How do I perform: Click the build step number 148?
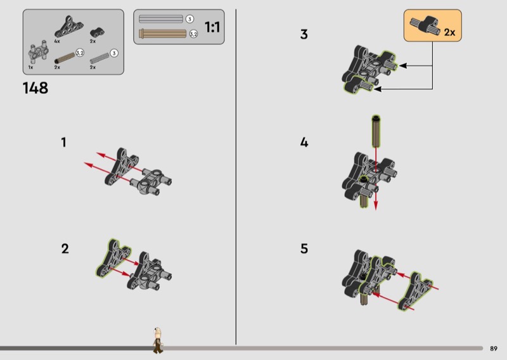coord(35,88)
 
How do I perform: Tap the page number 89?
coord(494,349)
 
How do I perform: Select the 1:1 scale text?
coord(212,27)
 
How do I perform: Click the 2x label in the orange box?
coord(449,32)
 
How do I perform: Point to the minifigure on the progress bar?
coord(158,340)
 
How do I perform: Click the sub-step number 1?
coord(64,143)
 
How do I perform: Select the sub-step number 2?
coord(65,248)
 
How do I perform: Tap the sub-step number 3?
coord(304,34)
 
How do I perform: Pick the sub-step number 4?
coord(304,143)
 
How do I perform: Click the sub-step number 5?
coord(304,248)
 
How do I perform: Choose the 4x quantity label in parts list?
coord(57,41)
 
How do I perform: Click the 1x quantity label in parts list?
coord(30,67)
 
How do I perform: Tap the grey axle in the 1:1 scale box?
coord(161,19)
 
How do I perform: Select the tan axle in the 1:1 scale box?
coord(163,34)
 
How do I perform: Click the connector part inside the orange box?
coord(425,25)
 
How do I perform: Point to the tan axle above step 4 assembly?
coord(376,131)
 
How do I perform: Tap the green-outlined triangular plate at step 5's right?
coord(415,292)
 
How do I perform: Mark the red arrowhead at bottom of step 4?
coord(376,205)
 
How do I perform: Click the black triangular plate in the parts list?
coord(69,27)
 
